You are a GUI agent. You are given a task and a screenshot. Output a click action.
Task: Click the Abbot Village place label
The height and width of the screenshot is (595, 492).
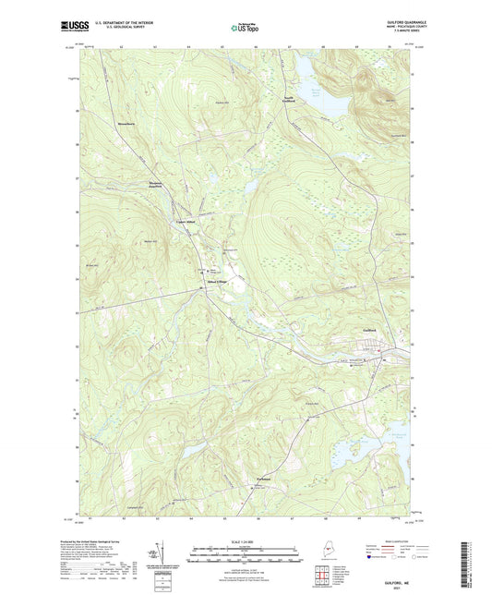click(216, 282)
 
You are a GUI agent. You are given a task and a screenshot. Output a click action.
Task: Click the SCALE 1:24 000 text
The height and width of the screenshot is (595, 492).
click(245, 540)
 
